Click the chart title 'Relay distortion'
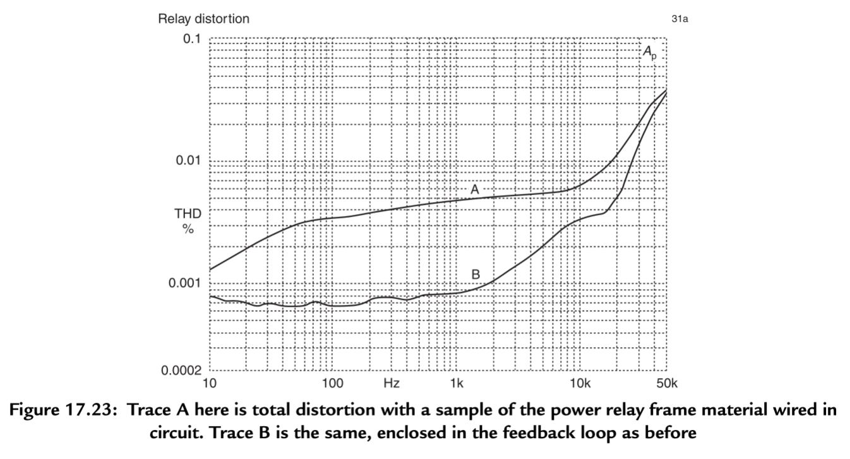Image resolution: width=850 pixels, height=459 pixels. pos(203,19)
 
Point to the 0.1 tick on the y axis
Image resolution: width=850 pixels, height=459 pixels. pos(191,39)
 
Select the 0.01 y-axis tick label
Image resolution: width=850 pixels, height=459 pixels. pos(188,160)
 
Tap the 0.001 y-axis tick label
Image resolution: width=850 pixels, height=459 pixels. pos(184,282)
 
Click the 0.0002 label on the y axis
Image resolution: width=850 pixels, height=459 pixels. pos(181,371)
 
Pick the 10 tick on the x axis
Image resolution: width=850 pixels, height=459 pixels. pos(208,383)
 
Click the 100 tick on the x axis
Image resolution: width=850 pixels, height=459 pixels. pos(332,383)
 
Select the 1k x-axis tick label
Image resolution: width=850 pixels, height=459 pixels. pos(457,383)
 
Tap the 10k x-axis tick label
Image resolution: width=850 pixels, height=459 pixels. pos(580,383)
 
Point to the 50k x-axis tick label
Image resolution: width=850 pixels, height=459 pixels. pos(666,383)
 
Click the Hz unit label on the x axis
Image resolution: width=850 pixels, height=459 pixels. pos(391,383)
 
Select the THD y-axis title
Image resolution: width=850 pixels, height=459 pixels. pos(188,214)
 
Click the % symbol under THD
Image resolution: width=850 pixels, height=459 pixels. pos(188,229)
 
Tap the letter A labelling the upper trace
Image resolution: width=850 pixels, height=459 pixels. pos(475,189)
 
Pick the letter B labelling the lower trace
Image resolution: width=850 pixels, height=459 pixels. pos(476,275)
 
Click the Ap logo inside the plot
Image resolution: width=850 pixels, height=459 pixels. pos(649,52)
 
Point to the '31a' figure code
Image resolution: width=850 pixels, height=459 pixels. pos(679,20)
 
